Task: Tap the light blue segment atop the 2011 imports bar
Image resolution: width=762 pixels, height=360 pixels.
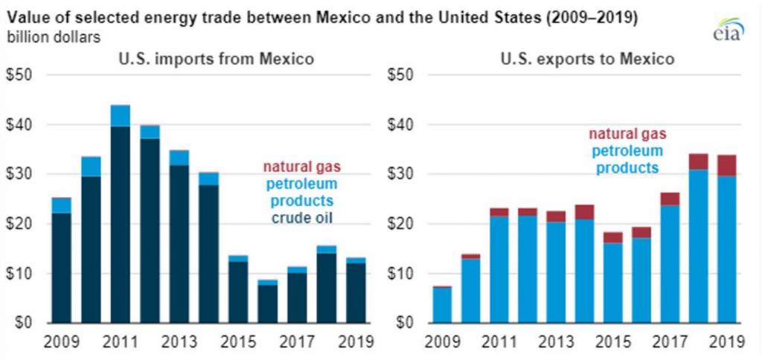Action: tap(120, 115)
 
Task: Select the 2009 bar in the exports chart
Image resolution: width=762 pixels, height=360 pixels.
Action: tap(442, 305)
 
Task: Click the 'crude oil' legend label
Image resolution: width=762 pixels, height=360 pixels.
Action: tap(304, 216)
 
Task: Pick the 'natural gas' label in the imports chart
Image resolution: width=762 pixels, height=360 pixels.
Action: tap(304, 167)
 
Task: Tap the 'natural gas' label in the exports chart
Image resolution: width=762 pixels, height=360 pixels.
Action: tap(627, 135)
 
